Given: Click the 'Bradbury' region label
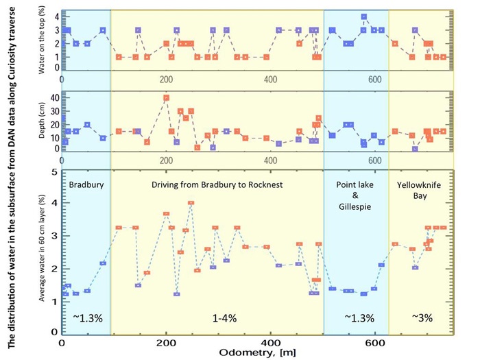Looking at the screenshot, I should (85, 185).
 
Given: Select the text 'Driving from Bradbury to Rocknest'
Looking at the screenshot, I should (216, 185).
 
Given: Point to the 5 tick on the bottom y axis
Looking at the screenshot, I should (54, 172).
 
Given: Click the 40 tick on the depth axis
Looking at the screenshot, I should (53, 98).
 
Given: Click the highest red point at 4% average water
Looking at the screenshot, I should (191, 203).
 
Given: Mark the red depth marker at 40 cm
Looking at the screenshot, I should (166, 98).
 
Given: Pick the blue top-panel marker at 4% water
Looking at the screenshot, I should (364, 17).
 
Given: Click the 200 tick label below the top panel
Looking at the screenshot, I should (166, 78).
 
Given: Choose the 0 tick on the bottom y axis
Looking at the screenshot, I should (54, 331).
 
